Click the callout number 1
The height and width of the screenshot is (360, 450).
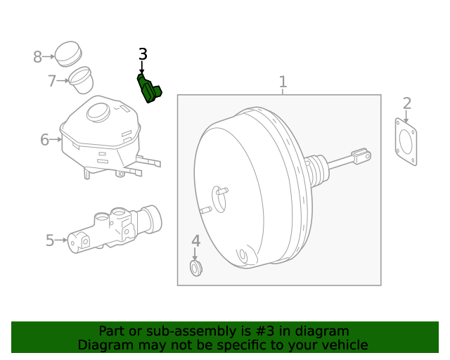pyautogui.click(x=283, y=82)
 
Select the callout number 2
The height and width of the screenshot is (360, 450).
pyautogui.click(x=407, y=105)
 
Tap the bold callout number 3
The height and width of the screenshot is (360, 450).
pyautogui.click(x=143, y=54)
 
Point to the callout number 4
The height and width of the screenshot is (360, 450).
pyautogui.click(x=196, y=240)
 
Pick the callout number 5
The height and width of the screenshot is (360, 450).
pyautogui.click(x=50, y=240)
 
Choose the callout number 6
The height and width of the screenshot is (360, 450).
pyautogui.click(x=45, y=140)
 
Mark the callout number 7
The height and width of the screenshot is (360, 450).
pyautogui.click(x=52, y=81)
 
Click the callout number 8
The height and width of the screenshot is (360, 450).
pyautogui.click(x=38, y=56)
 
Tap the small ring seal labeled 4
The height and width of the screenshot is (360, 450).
pyautogui.click(x=196, y=267)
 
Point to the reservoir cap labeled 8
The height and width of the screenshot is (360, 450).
pyautogui.click(x=68, y=52)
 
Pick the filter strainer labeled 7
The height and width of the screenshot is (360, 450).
pyautogui.click(x=81, y=79)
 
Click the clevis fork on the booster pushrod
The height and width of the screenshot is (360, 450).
pyautogui.click(x=361, y=156)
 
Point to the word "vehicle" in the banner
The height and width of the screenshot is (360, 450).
pyautogui.click(x=345, y=345)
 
